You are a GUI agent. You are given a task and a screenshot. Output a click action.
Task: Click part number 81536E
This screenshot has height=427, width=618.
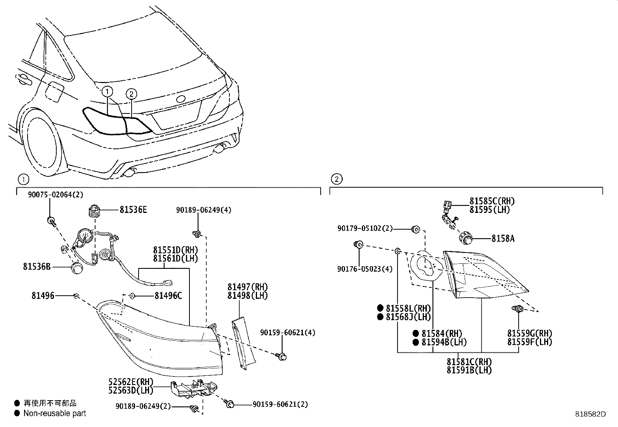[x=133, y=210]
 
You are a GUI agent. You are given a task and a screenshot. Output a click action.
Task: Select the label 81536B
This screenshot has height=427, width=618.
[x=37, y=267]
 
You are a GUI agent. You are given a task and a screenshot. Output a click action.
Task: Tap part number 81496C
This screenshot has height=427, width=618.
[x=168, y=296]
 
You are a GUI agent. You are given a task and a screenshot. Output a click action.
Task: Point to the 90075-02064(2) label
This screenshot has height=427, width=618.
[x=56, y=195]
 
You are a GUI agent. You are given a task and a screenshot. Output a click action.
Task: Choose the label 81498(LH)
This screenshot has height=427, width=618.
[x=247, y=295]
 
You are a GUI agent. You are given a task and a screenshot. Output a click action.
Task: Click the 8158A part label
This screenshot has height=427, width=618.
[x=503, y=239]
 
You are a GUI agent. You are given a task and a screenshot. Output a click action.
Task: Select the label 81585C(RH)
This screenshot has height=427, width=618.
[x=492, y=201]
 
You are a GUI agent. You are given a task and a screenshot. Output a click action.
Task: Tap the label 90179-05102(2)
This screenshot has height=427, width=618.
[x=365, y=229]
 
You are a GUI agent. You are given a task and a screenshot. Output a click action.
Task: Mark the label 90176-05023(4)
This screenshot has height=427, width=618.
[x=365, y=268]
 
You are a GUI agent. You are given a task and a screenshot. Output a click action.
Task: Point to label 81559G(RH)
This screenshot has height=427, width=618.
[x=529, y=333]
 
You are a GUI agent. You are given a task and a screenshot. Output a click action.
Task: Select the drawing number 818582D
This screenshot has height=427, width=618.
[x=590, y=414]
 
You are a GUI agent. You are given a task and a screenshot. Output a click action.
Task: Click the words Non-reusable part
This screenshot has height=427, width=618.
[x=55, y=413]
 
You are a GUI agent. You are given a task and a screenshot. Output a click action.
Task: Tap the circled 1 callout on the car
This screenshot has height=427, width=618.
[x=108, y=92]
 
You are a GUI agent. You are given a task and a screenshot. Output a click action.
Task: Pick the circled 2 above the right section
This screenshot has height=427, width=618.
[x=337, y=179]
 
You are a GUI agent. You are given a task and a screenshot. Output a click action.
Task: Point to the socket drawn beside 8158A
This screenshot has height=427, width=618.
[x=464, y=237]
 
